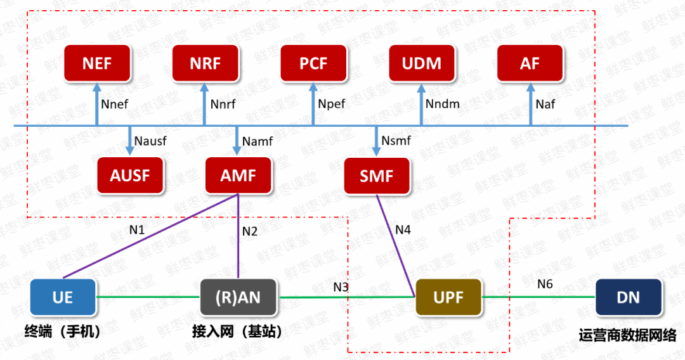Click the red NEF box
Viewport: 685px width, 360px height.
click(x=97, y=63)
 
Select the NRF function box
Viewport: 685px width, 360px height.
click(x=204, y=63)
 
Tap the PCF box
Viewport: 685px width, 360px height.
click(x=313, y=63)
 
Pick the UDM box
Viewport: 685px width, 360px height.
click(x=422, y=63)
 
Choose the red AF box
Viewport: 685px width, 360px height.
click(x=530, y=63)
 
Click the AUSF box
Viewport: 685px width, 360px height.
click(x=130, y=176)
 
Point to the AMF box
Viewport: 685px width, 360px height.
click(x=238, y=176)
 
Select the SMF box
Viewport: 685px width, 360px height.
click(x=377, y=176)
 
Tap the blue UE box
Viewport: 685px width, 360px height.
click(x=63, y=297)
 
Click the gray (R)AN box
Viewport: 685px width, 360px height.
click(x=238, y=297)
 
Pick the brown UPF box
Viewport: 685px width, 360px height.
click(x=448, y=297)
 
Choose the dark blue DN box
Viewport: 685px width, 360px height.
click(x=629, y=297)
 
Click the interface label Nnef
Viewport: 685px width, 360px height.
click(x=115, y=104)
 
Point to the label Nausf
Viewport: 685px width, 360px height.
click(x=150, y=141)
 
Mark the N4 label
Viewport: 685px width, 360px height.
click(x=403, y=229)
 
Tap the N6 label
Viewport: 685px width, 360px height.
click(x=545, y=283)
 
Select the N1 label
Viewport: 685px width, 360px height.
click(x=137, y=229)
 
